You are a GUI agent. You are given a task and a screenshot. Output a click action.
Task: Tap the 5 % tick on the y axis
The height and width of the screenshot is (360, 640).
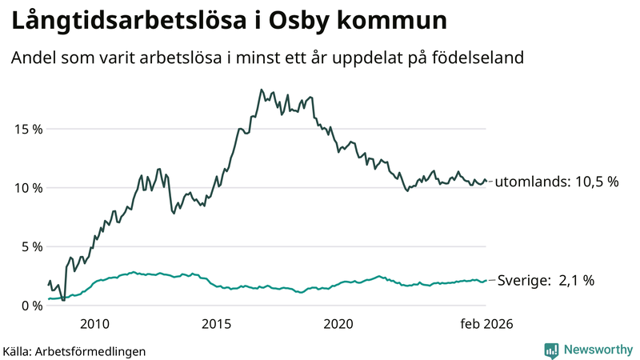point(29,246)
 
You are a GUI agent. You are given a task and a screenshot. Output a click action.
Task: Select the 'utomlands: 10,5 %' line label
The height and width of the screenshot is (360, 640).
point(557,182)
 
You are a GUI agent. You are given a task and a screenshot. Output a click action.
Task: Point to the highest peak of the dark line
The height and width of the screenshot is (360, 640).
point(262,90)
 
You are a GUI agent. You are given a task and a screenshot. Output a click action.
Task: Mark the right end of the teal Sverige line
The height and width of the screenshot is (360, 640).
point(486,281)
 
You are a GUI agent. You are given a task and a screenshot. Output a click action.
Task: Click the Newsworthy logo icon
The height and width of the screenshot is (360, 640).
point(551,350)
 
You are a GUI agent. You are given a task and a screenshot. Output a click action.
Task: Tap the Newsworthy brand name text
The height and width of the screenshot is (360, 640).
point(596,350)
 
